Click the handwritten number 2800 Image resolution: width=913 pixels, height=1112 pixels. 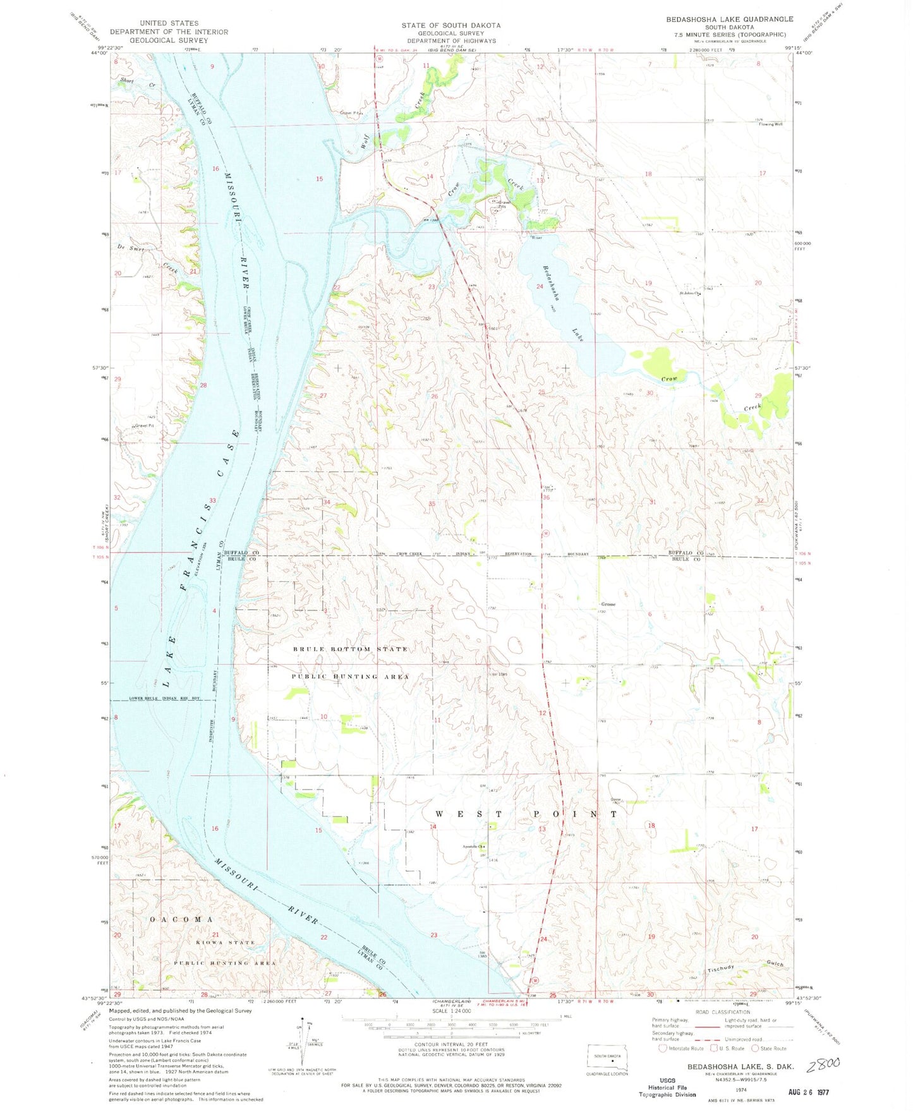pyautogui.click(x=823, y=1065)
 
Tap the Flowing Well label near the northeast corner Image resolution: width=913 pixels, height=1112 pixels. pyautogui.click(x=770, y=124)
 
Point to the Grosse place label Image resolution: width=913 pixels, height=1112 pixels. pyautogui.click(x=608, y=604)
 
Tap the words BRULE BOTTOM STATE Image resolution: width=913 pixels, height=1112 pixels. pyautogui.click(x=350, y=650)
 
